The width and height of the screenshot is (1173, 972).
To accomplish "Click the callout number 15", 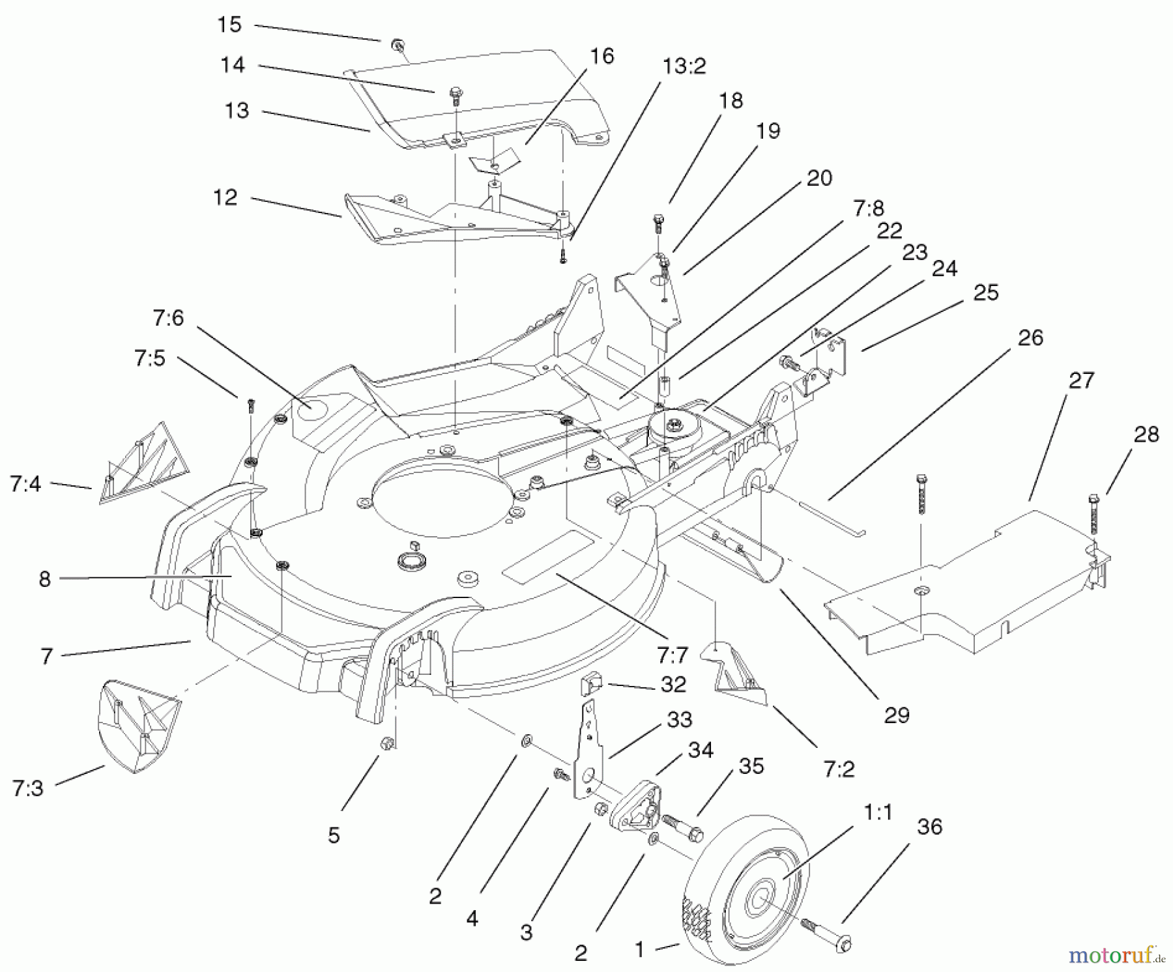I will tap(229, 25).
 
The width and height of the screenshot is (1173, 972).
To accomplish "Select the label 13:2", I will tap(684, 66).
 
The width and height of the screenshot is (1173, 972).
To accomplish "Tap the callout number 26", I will tap(1030, 337).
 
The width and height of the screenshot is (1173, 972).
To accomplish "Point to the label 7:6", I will tap(168, 318).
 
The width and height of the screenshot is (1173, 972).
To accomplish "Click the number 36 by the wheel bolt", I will tap(929, 826).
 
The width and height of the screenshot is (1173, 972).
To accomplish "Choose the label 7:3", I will tap(27, 788).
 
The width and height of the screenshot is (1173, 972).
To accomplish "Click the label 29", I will tap(897, 715).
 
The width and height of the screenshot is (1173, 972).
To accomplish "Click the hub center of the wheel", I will tap(760, 900).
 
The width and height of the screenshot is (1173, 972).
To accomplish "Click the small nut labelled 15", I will tap(396, 44).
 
